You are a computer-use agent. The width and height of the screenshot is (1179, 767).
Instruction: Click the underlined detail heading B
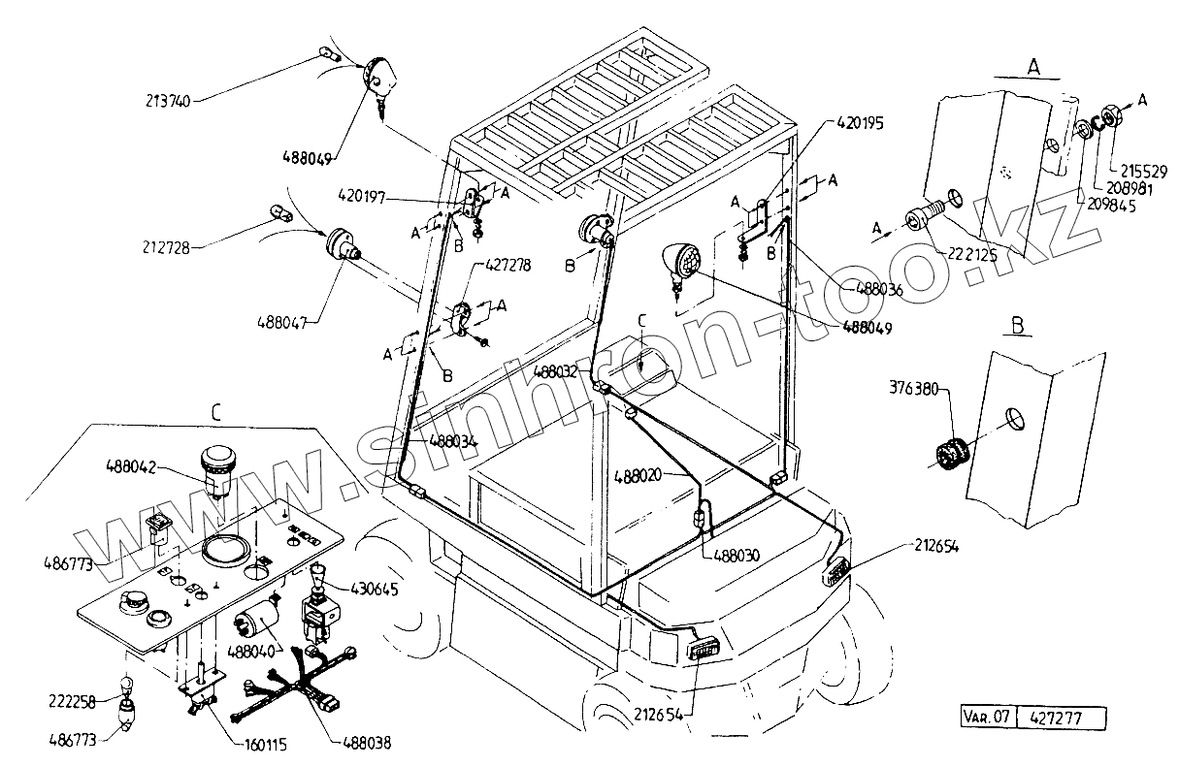click(x=1018, y=326)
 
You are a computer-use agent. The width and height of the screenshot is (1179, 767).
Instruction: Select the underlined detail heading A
click(x=1033, y=67)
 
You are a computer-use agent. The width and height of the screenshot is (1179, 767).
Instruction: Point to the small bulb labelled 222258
click(x=124, y=687)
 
